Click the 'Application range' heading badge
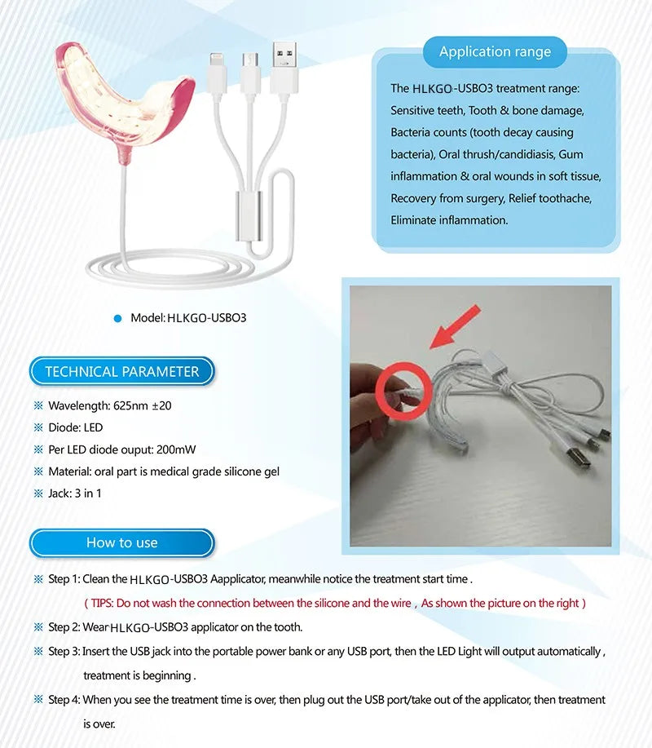tap(495, 52)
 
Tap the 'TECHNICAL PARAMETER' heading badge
tap(122, 372)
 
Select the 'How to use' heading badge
tap(122, 543)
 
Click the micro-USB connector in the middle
tap(249, 66)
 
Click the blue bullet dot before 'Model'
tap(117, 317)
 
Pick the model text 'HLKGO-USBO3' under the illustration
tap(206, 317)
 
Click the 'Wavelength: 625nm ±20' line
tap(109, 405)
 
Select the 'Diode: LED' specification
tap(76, 427)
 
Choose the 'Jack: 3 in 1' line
tap(75, 494)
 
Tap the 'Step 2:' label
tap(64, 627)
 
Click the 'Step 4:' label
tap(64, 700)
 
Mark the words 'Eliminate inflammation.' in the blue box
tap(449, 220)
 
